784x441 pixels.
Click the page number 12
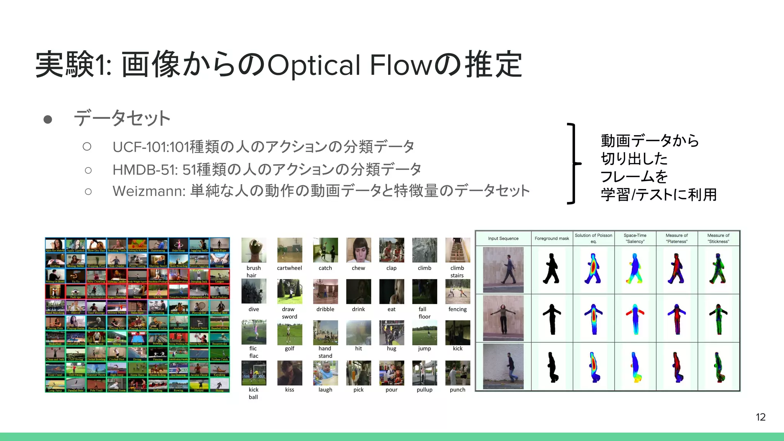[760, 417]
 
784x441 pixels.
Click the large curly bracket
[573, 163]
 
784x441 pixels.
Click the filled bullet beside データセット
[48, 119]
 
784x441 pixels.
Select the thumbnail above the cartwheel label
[289, 250]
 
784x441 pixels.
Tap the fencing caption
[457, 309]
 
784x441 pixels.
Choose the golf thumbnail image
[289, 332]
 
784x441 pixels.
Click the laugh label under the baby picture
[325, 390]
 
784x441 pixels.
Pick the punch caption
[457, 390]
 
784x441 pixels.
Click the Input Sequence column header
[503, 238]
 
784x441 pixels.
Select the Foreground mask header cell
[552, 238]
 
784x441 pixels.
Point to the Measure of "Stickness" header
[718, 238]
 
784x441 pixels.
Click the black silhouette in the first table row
[551, 269]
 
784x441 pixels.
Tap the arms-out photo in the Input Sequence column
[503, 318]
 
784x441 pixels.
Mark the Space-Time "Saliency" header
[635, 238]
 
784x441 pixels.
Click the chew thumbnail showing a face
[358, 250]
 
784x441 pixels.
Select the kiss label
[289, 390]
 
